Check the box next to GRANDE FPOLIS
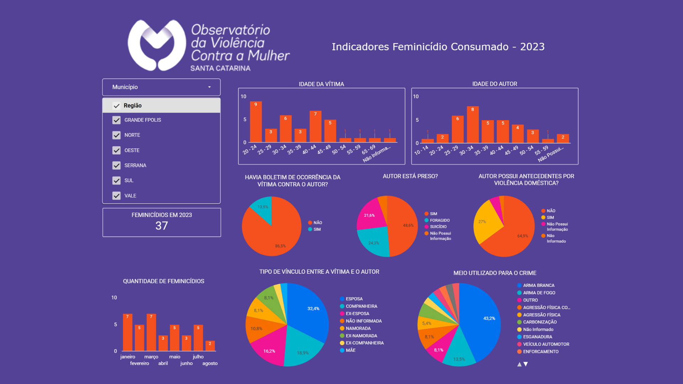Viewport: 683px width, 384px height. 116,120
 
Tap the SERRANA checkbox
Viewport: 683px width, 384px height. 116,165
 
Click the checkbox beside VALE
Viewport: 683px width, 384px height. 116,196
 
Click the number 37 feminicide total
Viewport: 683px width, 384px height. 162,226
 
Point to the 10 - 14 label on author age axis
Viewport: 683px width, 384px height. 422,150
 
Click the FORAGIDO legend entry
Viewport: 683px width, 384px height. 440,220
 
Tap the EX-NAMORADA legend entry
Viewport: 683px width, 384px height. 361,336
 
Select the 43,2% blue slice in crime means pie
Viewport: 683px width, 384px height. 484,320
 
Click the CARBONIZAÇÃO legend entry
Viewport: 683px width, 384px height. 540,322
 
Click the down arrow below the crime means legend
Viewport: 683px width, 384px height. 526,364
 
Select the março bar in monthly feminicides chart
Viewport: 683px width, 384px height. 151,332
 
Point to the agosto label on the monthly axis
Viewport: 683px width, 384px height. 210,363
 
